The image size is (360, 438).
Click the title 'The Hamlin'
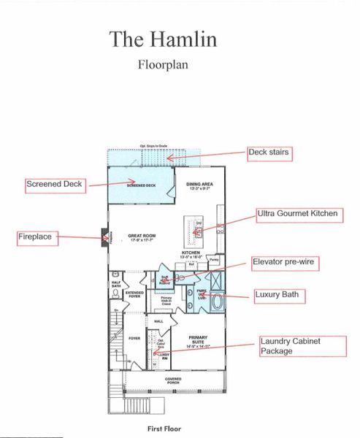[163, 39]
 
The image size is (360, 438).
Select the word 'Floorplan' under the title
[163, 64]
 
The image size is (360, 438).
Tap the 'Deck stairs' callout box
[269, 153]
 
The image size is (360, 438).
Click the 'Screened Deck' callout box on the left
[55, 185]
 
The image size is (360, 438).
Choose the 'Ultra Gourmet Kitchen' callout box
[297, 213]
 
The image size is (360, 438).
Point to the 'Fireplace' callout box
[39, 237]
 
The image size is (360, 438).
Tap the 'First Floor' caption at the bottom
[164, 429]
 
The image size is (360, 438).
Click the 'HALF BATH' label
[116, 285]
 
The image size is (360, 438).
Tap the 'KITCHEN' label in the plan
[191, 253]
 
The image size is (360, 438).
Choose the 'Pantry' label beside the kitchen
[215, 259]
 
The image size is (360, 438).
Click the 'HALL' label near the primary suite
[158, 320]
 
